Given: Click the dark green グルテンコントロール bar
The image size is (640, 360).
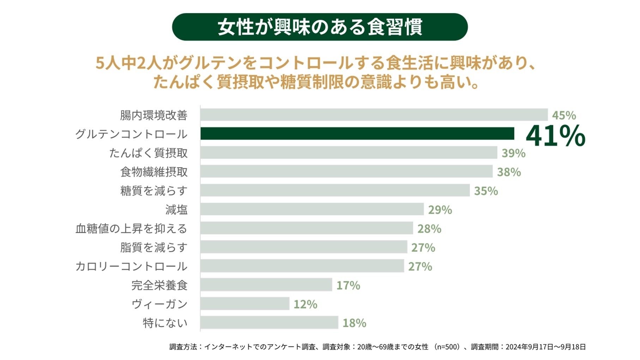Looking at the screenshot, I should click(x=357, y=134).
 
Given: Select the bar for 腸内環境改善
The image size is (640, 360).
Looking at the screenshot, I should click(x=374, y=115).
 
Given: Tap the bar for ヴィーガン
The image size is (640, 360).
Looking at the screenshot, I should click(x=245, y=304).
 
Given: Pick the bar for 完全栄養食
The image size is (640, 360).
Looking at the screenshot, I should click(x=266, y=285).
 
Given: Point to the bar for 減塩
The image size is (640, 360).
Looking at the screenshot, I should click(x=312, y=209).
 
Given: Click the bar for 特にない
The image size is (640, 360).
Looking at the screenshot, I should click(x=269, y=323).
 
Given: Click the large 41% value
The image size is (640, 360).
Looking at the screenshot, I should click(x=555, y=136).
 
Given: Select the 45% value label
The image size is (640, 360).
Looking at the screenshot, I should click(x=564, y=115).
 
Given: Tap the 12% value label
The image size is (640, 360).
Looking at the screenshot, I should click(x=305, y=304).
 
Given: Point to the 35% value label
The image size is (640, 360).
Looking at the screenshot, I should click(x=486, y=191).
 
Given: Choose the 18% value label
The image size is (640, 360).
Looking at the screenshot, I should click(x=354, y=323).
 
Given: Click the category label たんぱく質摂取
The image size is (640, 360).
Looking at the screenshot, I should click(x=148, y=153).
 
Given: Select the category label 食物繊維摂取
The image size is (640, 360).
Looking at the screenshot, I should click(x=154, y=172).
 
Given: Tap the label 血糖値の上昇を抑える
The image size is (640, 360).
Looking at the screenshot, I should click(x=131, y=229).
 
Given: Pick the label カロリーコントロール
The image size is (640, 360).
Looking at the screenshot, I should click(x=131, y=266).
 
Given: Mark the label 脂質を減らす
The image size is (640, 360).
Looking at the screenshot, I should click(x=154, y=247).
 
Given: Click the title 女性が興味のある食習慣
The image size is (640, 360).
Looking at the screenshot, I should click(x=320, y=27).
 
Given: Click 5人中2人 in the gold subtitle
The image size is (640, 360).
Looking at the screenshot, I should click(x=129, y=64).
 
